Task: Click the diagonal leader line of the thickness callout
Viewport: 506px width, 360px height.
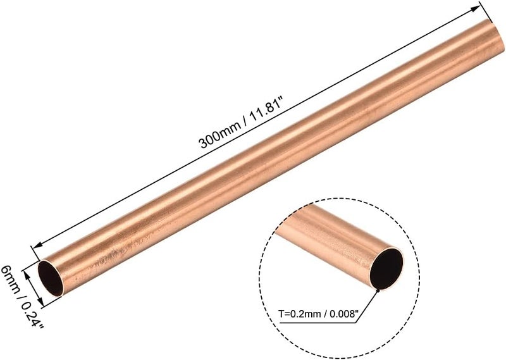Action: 370,302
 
